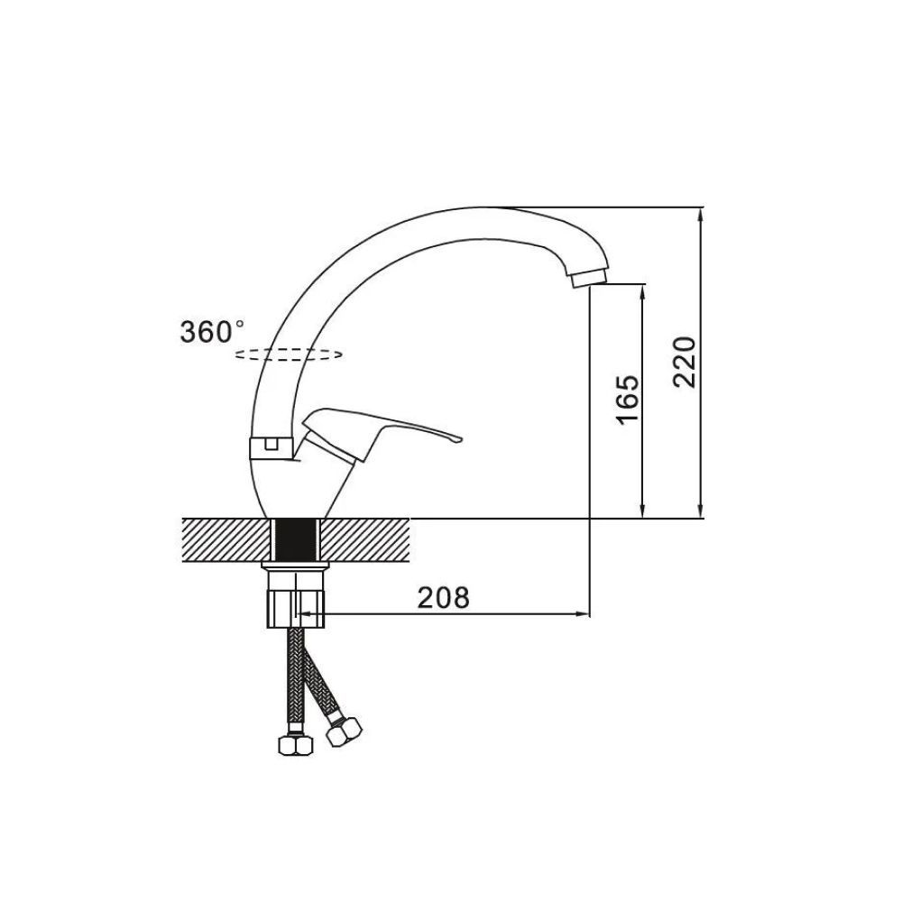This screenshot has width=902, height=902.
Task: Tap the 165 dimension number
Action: click(x=628, y=400)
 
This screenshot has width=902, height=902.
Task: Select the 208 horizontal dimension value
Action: click(x=444, y=598)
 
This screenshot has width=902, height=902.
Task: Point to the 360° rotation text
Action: click(x=212, y=332)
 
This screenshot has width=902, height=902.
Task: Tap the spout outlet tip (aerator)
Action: click(x=589, y=279)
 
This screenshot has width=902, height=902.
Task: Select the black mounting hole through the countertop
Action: click(x=296, y=540)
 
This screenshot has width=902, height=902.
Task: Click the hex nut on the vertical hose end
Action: click(x=296, y=745)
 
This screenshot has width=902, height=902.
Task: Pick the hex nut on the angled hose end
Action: click(x=344, y=732)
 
